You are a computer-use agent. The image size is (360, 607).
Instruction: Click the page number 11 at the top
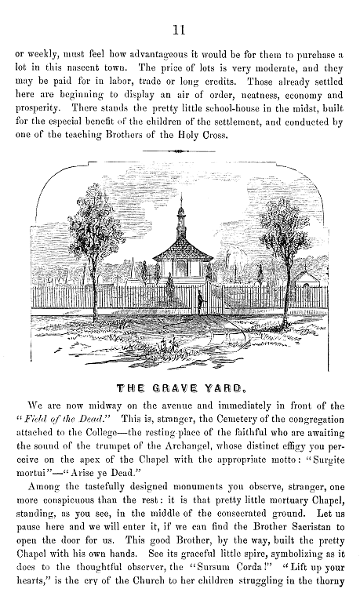tap(180, 31)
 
